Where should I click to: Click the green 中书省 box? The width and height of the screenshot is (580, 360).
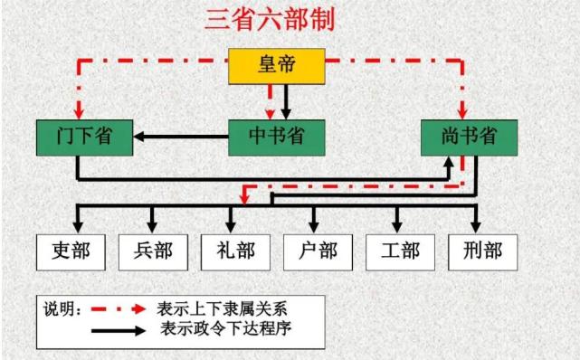pos(275,137)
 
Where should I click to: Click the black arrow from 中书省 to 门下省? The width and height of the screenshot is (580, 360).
pos(181,137)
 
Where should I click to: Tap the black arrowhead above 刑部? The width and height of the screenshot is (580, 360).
pos(475,223)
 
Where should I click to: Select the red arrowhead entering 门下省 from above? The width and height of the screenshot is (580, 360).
pos(78,112)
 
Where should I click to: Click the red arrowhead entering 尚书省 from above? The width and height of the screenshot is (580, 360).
pos(464,112)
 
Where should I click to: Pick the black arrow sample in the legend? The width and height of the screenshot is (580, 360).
pos(117,329)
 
